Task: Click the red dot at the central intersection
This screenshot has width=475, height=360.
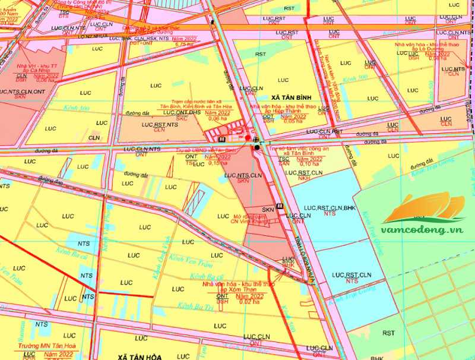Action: pyautogui.click(x=248, y=137)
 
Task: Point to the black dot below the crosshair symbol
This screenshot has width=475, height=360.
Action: pyautogui.click(x=257, y=147)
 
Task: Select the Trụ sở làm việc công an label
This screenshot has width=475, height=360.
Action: pyautogui.click(x=300, y=151)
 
